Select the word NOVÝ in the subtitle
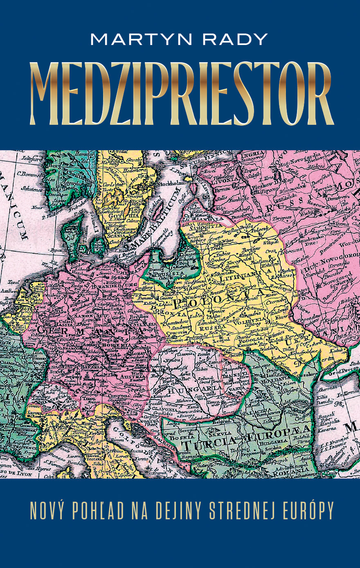click(x=47, y=510)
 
